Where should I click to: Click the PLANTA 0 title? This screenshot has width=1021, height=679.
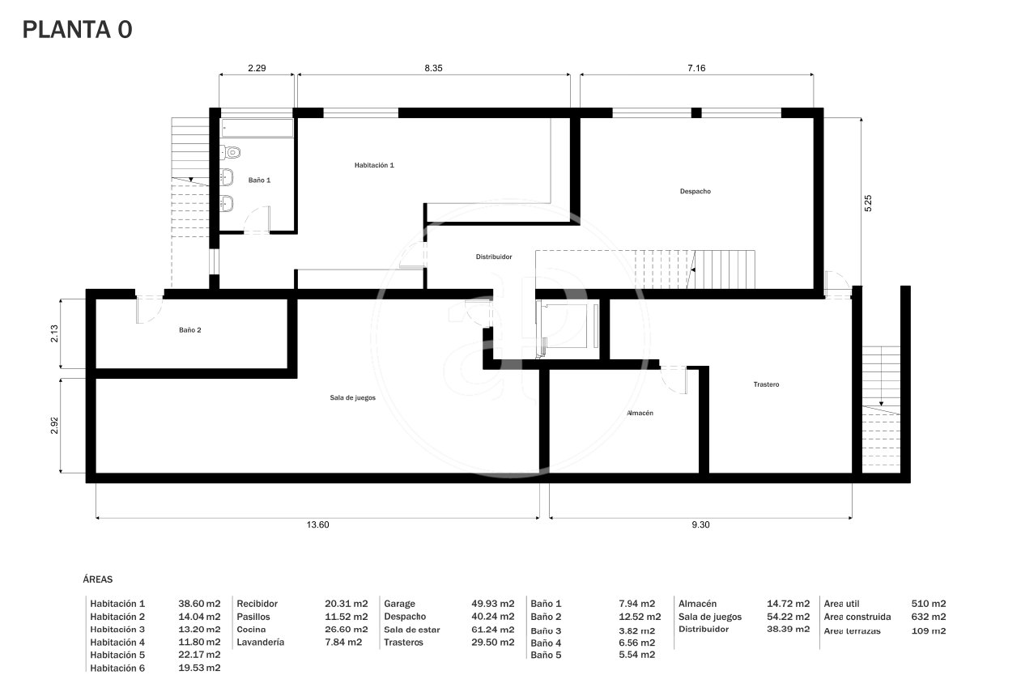click(x=77, y=30)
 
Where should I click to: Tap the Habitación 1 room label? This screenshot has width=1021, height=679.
click(x=374, y=165)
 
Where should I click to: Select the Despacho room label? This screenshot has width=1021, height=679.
click(x=695, y=191)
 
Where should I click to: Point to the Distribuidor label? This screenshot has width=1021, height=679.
click(x=494, y=257)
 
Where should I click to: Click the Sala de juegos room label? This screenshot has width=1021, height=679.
click(x=353, y=398)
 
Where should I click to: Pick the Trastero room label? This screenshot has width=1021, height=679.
click(x=766, y=384)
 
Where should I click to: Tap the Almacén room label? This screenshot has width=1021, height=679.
click(x=640, y=413)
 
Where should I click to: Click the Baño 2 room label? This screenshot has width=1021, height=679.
click(x=190, y=330)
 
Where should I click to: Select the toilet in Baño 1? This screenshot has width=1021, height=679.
click(x=230, y=152)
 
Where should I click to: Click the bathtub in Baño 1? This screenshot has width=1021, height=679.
click(x=257, y=128)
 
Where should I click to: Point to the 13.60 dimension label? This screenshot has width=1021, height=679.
click(x=317, y=524)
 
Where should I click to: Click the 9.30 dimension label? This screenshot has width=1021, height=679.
click(x=700, y=524)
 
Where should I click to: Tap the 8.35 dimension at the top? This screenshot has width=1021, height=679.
click(x=433, y=68)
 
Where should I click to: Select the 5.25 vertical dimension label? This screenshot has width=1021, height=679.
click(x=868, y=203)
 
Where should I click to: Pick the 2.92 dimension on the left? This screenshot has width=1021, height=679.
click(x=54, y=426)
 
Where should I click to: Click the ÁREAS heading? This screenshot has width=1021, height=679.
click(x=97, y=579)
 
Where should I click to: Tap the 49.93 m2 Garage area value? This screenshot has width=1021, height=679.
click(x=493, y=604)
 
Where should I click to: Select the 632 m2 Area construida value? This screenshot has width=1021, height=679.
click(x=929, y=617)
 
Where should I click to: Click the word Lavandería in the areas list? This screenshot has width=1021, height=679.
click(x=260, y=642)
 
